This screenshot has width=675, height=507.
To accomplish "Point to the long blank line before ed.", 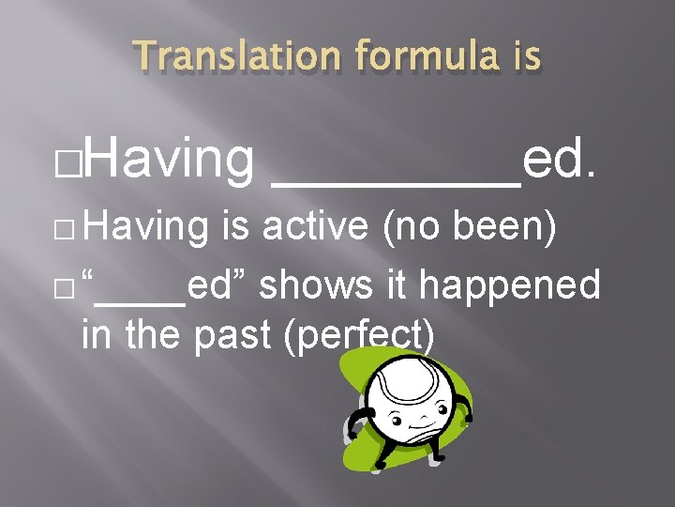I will coord(395,184).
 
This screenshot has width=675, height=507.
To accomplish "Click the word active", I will coord(312,226).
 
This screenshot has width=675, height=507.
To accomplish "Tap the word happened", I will coord(510,283).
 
